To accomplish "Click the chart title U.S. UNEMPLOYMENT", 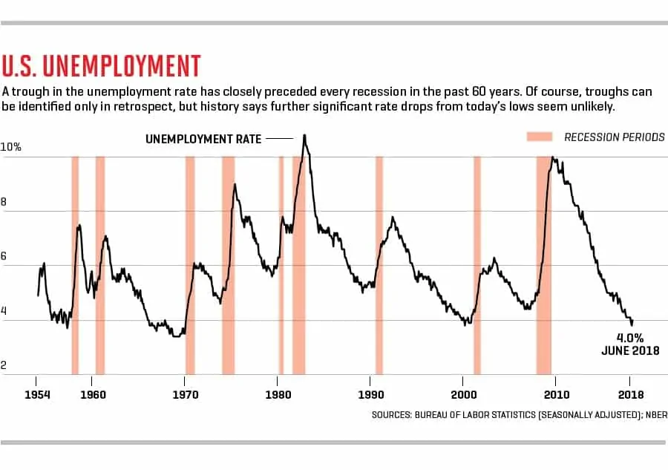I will coord(101,65).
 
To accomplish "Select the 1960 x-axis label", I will coord(92,394).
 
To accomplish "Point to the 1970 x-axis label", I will coord(185,394).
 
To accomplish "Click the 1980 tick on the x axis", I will coord(277,394).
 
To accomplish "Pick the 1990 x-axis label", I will coord(370,394).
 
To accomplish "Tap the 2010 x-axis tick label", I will coord(556,394).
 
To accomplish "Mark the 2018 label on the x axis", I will coord(630,394).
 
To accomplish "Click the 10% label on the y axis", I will coord(11,147).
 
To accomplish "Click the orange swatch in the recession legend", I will coord(540,137).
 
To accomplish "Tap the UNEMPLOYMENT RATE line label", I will coord(203,138).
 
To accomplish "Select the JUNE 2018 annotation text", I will coord(629,350).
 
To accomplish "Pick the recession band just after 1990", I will coord(379,264).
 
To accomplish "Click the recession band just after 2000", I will coord(477,264).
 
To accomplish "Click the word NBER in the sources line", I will coord(652,415).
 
